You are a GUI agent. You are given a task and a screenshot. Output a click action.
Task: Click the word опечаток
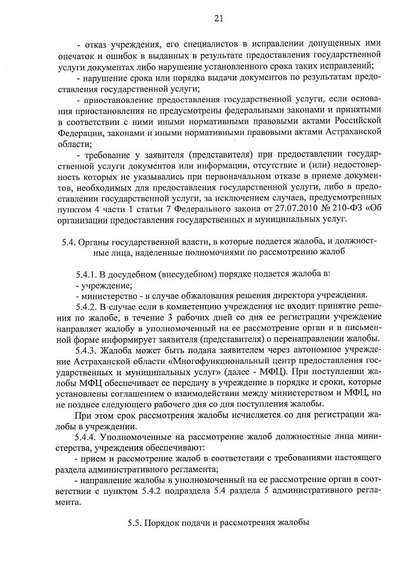pos(75,56)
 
